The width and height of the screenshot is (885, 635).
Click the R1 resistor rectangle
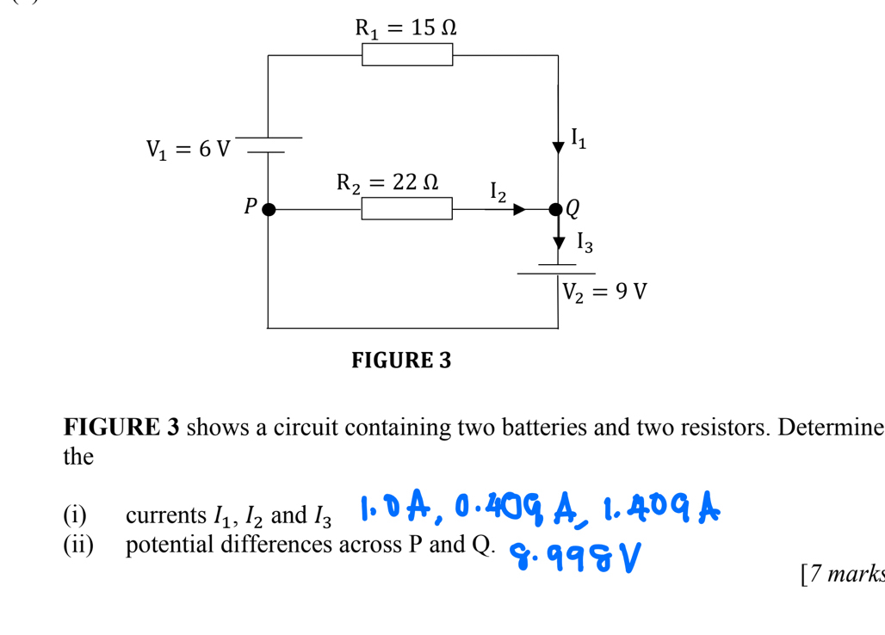[407, 55]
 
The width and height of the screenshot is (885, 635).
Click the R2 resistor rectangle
[406, 208]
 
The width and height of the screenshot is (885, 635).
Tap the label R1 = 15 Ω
[405, 28]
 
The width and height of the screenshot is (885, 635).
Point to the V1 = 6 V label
[188, 150]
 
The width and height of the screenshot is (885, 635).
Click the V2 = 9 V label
[604, 292]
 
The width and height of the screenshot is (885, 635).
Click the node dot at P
[269, 209]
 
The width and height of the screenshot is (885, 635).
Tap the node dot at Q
[556, 209]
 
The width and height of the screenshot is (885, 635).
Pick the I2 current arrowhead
[519, 209]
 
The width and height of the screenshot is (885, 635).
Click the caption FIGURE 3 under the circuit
[401, 360]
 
